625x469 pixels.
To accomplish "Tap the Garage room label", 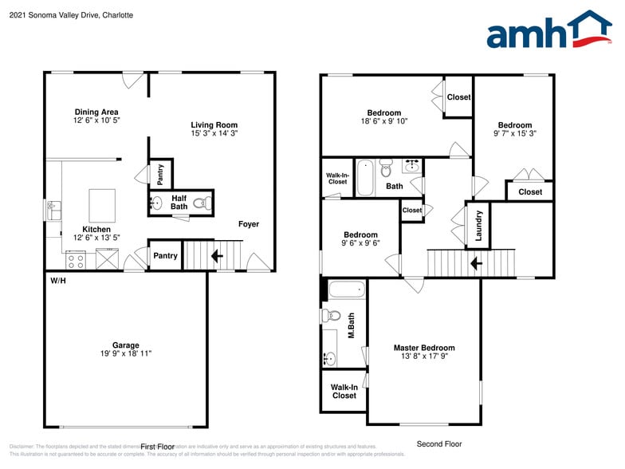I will click(125, 345).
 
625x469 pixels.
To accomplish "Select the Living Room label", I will click(214, 124).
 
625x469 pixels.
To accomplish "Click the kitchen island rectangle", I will click(101, 205).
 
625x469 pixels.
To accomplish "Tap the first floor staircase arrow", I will click(214, 256).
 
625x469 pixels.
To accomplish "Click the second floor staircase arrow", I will click(476, 262).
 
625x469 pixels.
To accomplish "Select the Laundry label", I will click(478, 225).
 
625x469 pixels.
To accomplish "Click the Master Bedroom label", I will click(424, 348).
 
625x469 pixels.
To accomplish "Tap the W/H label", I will click(57, 281).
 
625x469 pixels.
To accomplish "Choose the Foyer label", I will click(249, 224).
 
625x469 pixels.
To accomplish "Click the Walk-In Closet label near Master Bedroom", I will click(344, 392).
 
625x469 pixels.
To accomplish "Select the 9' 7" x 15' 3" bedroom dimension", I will click(515, 134).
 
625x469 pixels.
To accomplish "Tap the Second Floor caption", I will click(439, 444).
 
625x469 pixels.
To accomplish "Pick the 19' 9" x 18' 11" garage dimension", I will click(125, 353).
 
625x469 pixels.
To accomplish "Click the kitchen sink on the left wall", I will click(53, 211).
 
